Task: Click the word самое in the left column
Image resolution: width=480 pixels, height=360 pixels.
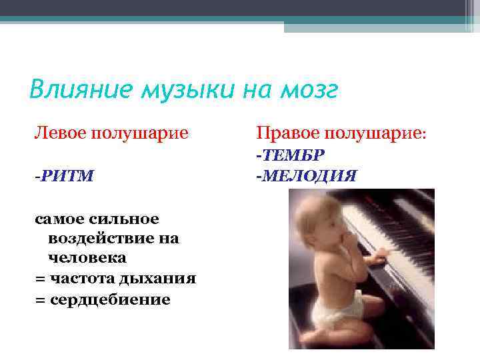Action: click(x=57, y=219)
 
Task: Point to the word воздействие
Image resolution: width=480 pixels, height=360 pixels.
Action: click(x=95, y=238)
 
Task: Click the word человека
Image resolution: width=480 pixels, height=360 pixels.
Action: click(x=87, y=258)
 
